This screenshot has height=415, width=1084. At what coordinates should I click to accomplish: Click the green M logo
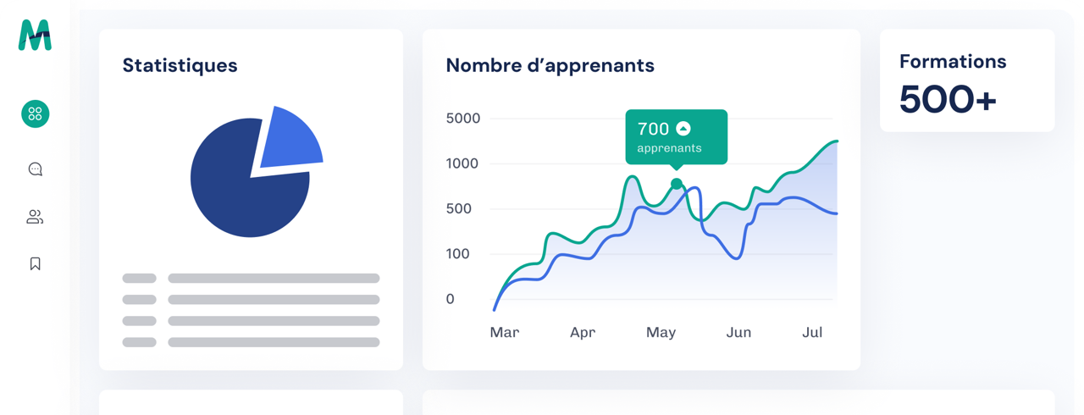[x=35, y=36]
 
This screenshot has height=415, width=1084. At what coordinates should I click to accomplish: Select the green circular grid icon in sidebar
[x=36, y=113]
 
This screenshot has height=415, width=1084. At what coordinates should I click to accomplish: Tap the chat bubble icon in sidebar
[x=36, y=169]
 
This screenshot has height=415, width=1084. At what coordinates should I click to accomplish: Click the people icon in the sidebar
[x=35, y=218]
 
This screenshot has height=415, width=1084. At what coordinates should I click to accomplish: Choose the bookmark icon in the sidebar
[x=36, y=263]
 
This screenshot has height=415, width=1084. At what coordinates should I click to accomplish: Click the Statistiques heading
[x=180, y=65]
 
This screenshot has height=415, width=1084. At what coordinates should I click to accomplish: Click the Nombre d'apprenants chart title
[x=550, y=65]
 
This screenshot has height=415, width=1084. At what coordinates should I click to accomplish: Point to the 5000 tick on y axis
[x=463, y=119]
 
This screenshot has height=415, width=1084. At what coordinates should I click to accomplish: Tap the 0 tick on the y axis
[x=451, y=299]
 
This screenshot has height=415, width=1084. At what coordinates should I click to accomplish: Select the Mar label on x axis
[x=505, y=333]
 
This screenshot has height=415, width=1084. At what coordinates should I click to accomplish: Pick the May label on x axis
[x=661, y=333]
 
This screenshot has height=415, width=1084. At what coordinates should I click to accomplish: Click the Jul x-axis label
[x=812, y=333]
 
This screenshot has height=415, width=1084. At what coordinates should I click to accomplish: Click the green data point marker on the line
[x=676, y=184]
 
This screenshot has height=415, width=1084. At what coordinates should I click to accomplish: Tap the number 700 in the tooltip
[x=653, y=129]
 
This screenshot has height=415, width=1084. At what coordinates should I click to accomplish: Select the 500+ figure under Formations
[x=948, y=99]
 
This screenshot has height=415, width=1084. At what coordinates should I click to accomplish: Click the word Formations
[x=953, y=61]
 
